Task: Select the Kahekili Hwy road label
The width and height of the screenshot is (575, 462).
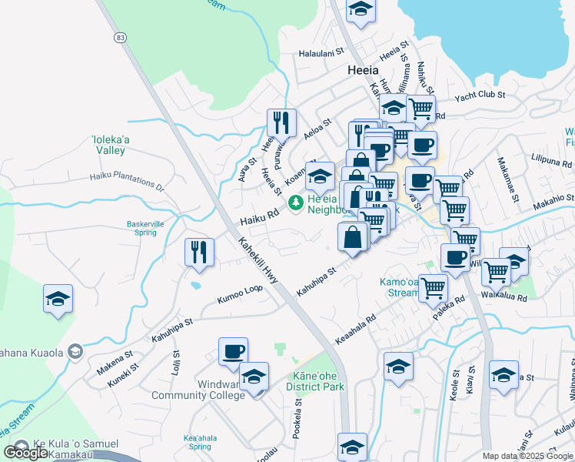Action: pyautogui.click(x=256, y=261)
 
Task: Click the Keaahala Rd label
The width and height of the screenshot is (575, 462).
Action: pyautogui.click(x=355, y=329)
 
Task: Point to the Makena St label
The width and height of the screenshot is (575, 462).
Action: pyautogui.click(x=115, y=360)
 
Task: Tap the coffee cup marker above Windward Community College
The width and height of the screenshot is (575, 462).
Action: pyautogui.click(x=233, y=351)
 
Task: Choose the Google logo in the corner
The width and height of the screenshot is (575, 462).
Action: pyautogui.click(x=27, y=452)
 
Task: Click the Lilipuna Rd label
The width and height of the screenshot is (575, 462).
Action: pyautogui.click(x=551, y=164)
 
